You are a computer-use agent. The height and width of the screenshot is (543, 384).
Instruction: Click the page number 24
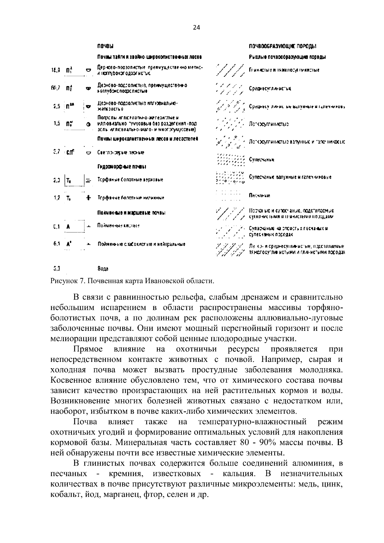point(196,28)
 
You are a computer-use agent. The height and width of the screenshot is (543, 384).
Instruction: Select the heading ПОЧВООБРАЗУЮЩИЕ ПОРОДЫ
point(283,47)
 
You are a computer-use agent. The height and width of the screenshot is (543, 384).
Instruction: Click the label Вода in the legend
point(103,268)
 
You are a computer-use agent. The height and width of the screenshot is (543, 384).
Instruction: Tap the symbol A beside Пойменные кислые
point(68,227)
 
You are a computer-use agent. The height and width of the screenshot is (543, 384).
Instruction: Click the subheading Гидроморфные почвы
point(122,167)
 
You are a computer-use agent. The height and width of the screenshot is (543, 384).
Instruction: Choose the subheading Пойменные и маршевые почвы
point(131,213)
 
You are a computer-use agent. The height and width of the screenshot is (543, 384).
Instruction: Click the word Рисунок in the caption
point(63,281)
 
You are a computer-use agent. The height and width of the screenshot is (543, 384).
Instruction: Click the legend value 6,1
point(57,244)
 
